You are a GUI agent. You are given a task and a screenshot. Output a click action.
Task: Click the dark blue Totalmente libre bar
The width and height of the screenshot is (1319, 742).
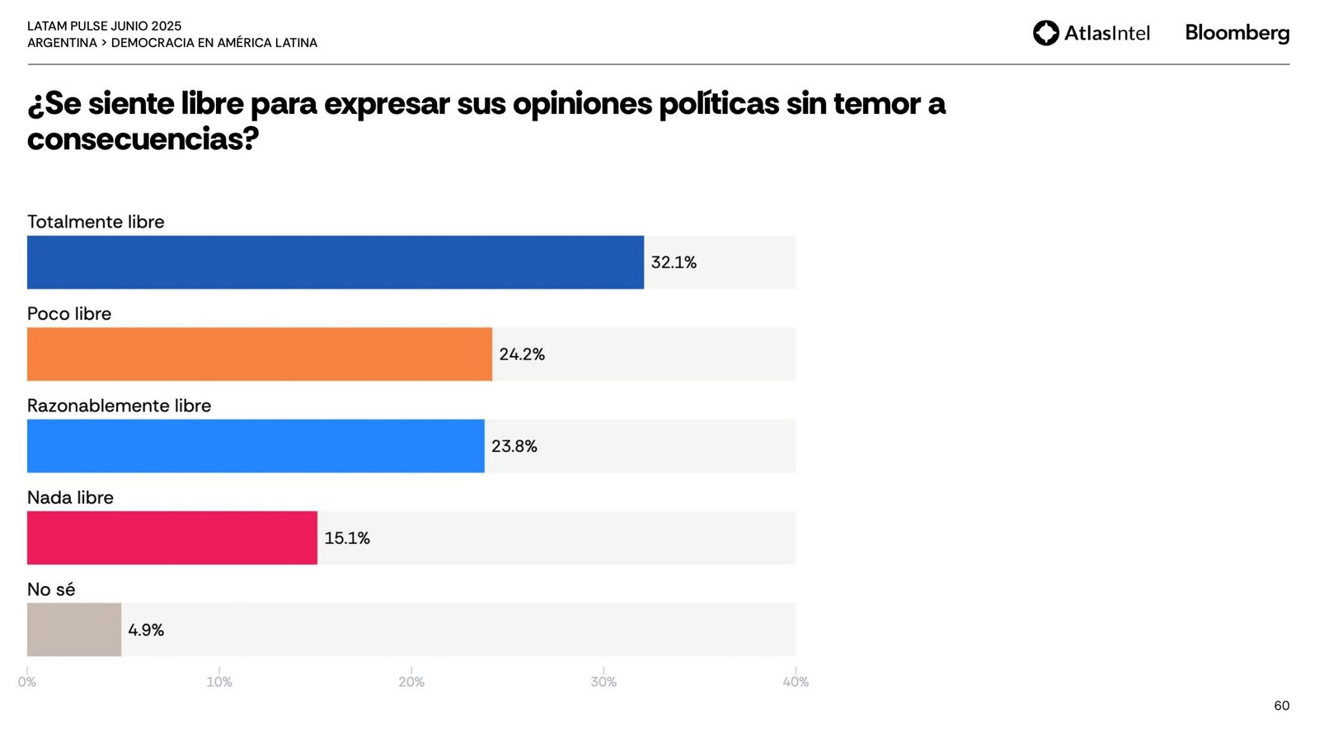tap(335, 262)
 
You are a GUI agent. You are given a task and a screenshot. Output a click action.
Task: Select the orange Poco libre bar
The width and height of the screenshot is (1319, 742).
tap(259, 354)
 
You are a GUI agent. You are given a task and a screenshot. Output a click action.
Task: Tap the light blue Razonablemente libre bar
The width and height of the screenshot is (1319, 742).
tap(256, 446)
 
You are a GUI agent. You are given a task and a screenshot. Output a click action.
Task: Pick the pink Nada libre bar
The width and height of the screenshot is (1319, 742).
tap(171, 538)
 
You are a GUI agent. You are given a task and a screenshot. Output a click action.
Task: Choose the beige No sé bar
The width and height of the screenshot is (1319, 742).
tap(74, 629)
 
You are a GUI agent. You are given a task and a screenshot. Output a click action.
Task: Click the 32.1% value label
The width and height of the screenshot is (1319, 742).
tap(674, 262)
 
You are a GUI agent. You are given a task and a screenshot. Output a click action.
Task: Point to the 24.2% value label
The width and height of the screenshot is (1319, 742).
tap(522, 354)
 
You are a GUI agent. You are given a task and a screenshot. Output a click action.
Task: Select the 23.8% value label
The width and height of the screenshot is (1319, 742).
tap(514, 446)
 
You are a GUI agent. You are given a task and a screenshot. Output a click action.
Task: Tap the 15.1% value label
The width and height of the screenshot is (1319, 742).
tap(347, 538)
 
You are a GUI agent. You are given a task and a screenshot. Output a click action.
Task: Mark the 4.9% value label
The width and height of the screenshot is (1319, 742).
tap(146, 630)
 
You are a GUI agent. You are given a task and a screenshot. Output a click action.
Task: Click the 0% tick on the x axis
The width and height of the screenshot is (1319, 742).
tap(27, 682)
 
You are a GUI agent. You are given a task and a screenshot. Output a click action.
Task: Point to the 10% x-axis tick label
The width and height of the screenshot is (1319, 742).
tap(219, 682)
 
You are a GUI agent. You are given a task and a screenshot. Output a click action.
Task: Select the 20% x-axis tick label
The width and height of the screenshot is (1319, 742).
tap(411, 682)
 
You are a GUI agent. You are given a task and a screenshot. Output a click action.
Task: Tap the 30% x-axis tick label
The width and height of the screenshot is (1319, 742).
tap(603, 682)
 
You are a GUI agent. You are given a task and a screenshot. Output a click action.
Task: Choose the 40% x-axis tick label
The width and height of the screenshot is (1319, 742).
tap(796, 682)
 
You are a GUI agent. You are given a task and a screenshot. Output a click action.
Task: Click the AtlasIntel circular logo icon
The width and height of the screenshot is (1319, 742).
tap(1046, 33)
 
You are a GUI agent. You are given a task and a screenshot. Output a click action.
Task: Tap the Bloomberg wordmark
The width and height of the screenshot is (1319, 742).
tap(1237, 33)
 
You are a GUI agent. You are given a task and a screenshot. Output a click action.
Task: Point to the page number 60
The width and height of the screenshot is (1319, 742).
tap(1281, 706)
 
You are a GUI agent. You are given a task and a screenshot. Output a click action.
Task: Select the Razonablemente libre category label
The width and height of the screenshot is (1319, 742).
tap(119, 406)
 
